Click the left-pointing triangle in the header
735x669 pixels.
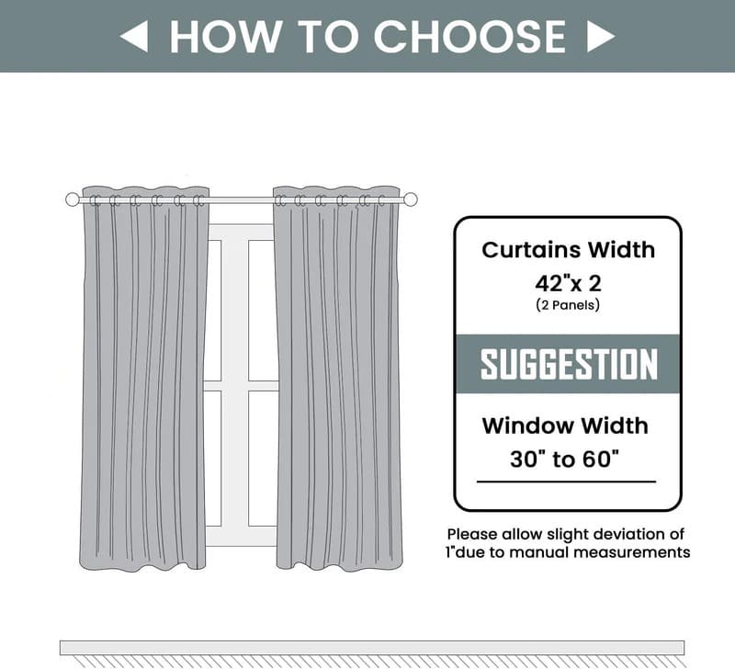[x=134, y=37]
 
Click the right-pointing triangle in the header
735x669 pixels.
[x=600, y=37]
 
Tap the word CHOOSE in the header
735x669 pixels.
[x=469, y=37]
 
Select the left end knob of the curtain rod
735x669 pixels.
[x=73, y=199]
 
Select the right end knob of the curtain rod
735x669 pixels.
[x=411, y=199]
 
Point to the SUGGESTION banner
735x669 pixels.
[x=568, y=364]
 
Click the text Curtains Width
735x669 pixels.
[x=568, y=249]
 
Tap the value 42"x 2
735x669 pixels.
[x=568, y=282]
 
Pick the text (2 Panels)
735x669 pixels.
[x=568, y=305]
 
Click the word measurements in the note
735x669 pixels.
[x=636, y=552]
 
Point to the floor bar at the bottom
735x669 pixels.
[x=371, y=647]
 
